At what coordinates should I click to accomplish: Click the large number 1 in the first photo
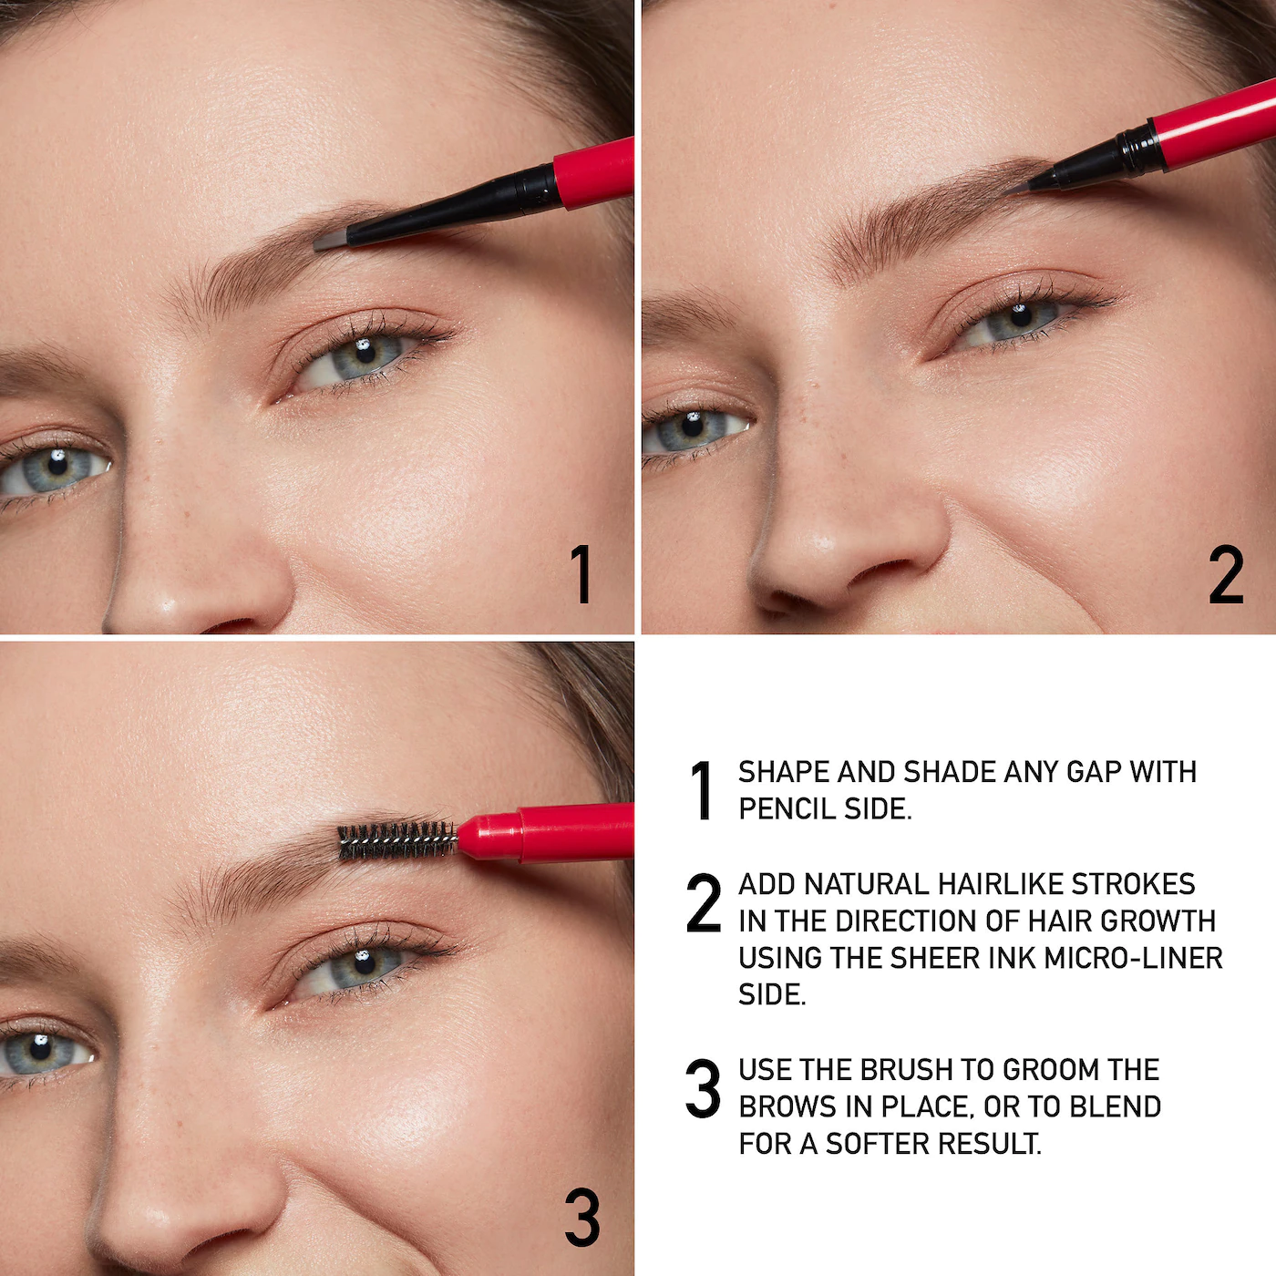pos(581,574)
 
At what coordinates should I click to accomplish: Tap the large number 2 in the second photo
pos(1226,575)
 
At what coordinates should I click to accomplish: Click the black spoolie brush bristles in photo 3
pos(396,840)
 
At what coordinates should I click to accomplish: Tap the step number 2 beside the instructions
pos(703,903)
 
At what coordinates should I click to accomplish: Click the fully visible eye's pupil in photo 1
pos(365,353)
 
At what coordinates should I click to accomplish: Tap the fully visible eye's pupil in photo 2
pos(1020,315)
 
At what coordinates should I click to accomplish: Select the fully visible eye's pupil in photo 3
pos(365,963)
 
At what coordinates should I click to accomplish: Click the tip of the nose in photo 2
pos(825,547)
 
